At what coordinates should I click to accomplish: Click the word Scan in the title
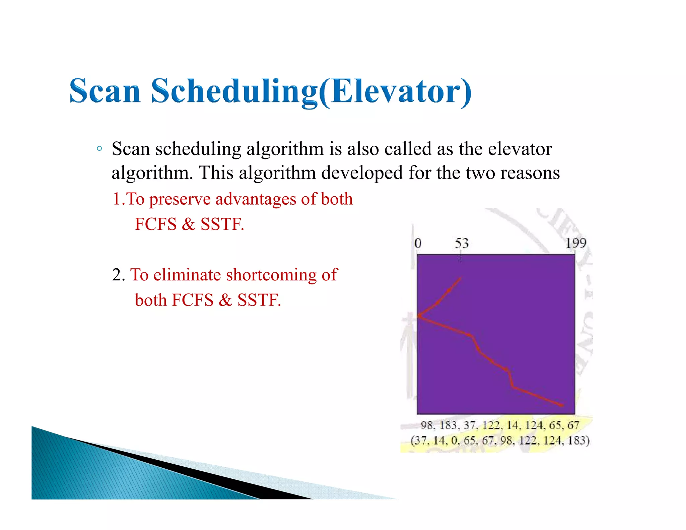click(x=105, y=91)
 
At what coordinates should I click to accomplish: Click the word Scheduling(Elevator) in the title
click(x=311, y=91)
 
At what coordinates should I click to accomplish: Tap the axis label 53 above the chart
click(x=461, y=243)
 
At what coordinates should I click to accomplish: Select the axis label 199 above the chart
click(x=576, y=243)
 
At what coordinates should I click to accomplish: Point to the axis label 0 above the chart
click(x=418, y=243)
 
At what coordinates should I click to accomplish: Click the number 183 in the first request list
click(x=448, y=425)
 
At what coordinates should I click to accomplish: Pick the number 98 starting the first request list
click(x=427, y=425)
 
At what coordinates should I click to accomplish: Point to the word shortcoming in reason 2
click(x=271, y=275)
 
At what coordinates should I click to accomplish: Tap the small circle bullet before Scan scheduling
click(x=99, y=148)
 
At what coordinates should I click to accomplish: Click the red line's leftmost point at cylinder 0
click(x=419, y=316)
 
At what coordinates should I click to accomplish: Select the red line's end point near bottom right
click(x=562, y=405)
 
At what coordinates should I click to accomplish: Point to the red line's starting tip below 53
click(x=461, y=278)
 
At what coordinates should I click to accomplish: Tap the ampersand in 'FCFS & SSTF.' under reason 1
click(x=188, y=224)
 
